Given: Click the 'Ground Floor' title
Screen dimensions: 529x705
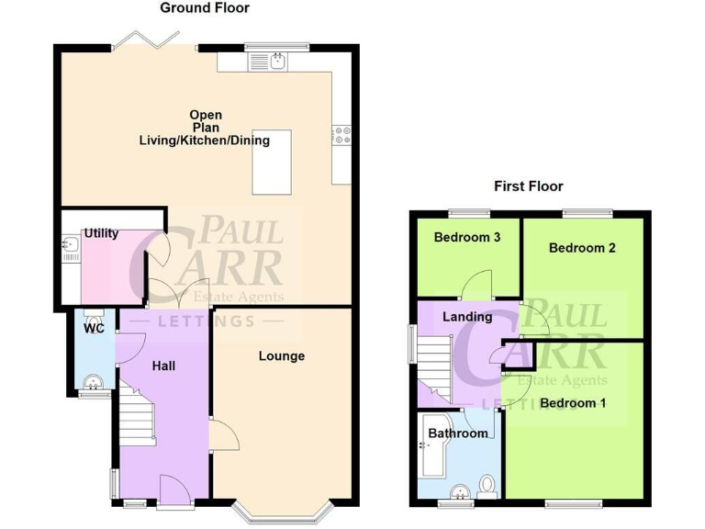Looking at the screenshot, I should click(x=205, y=8).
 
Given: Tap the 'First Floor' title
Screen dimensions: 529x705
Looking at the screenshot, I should click(x=528, y=186).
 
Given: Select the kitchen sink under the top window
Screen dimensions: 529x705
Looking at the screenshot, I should click(x=278, y=62).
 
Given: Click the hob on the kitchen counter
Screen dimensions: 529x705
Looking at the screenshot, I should click(x=341, y=135).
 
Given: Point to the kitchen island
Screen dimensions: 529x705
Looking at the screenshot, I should click(x=271, y=162).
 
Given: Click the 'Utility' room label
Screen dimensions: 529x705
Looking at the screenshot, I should click(x=101, y=234).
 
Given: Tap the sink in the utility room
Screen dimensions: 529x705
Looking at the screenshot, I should click(x=70, y=245).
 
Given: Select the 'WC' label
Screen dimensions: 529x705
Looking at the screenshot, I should click(x=94, y=328).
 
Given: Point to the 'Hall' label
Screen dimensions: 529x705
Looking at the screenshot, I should click(x=163, y=366).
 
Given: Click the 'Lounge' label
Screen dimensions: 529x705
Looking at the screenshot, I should click(x=281, y=356).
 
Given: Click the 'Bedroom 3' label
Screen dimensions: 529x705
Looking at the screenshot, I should click(x=467, y=237).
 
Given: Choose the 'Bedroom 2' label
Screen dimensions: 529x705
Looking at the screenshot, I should click(x=582, y=248).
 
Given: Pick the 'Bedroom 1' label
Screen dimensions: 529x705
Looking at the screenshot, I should click(x=573, y=403).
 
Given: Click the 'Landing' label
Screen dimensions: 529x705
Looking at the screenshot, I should click(x=467, y=317).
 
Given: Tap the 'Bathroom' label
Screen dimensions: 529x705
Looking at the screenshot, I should click(x=458, y=433).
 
